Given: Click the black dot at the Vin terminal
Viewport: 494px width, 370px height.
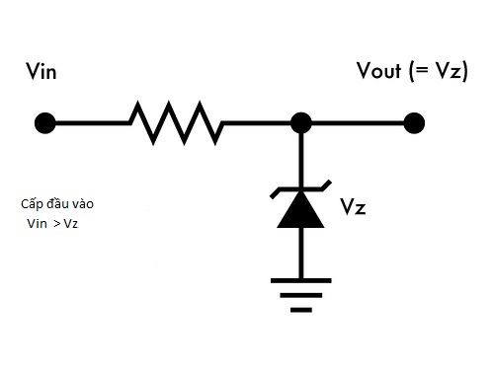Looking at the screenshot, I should point(44,123).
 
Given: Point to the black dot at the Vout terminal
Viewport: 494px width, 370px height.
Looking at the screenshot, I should point(415,122).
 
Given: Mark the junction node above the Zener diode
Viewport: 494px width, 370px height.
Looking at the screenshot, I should point(301,123).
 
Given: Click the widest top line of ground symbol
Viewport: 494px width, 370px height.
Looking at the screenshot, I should point(301,280).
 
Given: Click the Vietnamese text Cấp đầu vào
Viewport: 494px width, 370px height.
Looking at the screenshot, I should point(57,204).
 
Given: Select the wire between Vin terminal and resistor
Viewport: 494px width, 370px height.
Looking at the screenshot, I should point(89,123).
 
